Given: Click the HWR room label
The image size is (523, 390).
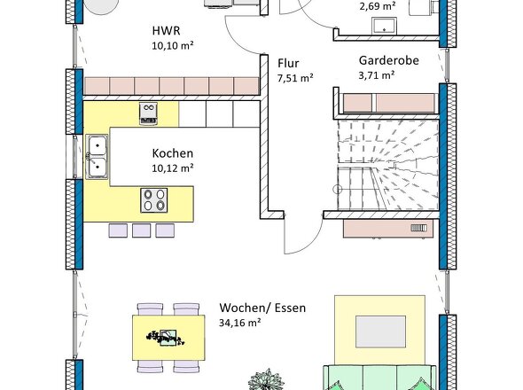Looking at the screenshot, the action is [x=166, y=31].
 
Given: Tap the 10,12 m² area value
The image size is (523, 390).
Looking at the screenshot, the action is [x=173, y=168].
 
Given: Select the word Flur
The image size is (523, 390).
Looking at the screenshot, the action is [x=288, y=63].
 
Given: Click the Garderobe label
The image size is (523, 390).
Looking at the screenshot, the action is [x=388, y=60].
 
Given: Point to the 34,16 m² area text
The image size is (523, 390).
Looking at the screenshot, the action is [x=240, y=323].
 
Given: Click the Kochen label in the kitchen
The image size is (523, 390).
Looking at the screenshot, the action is [x=173, y=153].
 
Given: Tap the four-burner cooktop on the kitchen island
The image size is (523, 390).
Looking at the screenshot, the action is [x=153, y=200].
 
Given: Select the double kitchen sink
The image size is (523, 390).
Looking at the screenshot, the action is [x=97, y=157].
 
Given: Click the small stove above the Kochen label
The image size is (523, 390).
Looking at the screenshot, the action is [x=148, y=113].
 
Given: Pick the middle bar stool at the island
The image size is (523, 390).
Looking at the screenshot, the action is [x=142, y=230].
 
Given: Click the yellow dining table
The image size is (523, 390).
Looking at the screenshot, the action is [x=168, y=338].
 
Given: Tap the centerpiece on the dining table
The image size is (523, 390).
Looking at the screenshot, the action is [x=165, y=338].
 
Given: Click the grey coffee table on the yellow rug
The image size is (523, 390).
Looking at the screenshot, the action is [x=380, y=331].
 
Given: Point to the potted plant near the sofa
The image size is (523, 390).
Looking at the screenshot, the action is [x=266, y=379].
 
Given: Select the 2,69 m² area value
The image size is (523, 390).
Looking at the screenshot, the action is [x=378, y=6].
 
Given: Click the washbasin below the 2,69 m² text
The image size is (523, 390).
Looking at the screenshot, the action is [x=384, y=26].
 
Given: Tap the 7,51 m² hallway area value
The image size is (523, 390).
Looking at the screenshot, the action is [x=295, y=78].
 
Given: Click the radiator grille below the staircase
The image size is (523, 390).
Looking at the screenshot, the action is [x=418, y=228].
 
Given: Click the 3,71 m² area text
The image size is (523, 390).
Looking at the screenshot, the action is [x=377, y=75].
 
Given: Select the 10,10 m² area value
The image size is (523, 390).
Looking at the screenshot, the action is [x=173, y=46].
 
